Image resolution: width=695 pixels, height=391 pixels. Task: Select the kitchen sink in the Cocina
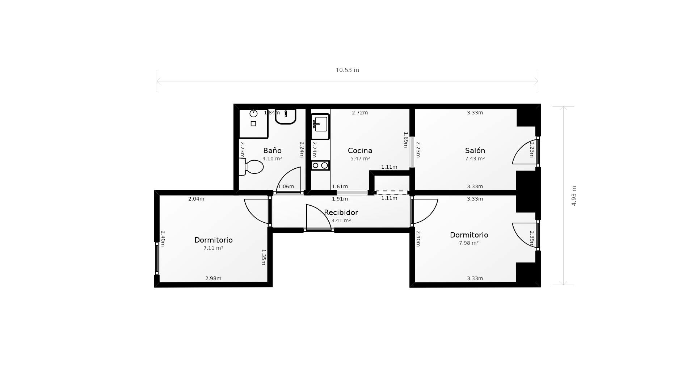320,126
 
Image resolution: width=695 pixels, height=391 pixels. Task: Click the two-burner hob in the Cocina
320,165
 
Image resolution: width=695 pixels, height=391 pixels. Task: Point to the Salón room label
475,151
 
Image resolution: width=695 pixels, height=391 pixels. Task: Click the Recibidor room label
341,213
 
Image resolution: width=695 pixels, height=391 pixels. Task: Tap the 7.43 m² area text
475,159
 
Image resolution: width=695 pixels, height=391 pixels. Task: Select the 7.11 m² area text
213,248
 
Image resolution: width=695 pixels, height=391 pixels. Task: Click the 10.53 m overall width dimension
347,70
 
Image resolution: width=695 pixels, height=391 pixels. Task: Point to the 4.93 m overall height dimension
574,196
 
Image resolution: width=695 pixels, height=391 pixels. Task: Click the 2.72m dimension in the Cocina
360,113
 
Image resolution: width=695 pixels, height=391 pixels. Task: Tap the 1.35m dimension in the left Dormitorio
264,257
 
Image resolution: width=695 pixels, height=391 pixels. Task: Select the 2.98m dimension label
213,278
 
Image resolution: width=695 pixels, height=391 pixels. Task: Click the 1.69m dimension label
406,140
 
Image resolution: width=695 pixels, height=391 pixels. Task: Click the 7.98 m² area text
469,243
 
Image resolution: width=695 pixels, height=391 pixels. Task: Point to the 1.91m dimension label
340,199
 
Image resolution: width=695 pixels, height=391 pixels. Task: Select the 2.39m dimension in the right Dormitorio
532,238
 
